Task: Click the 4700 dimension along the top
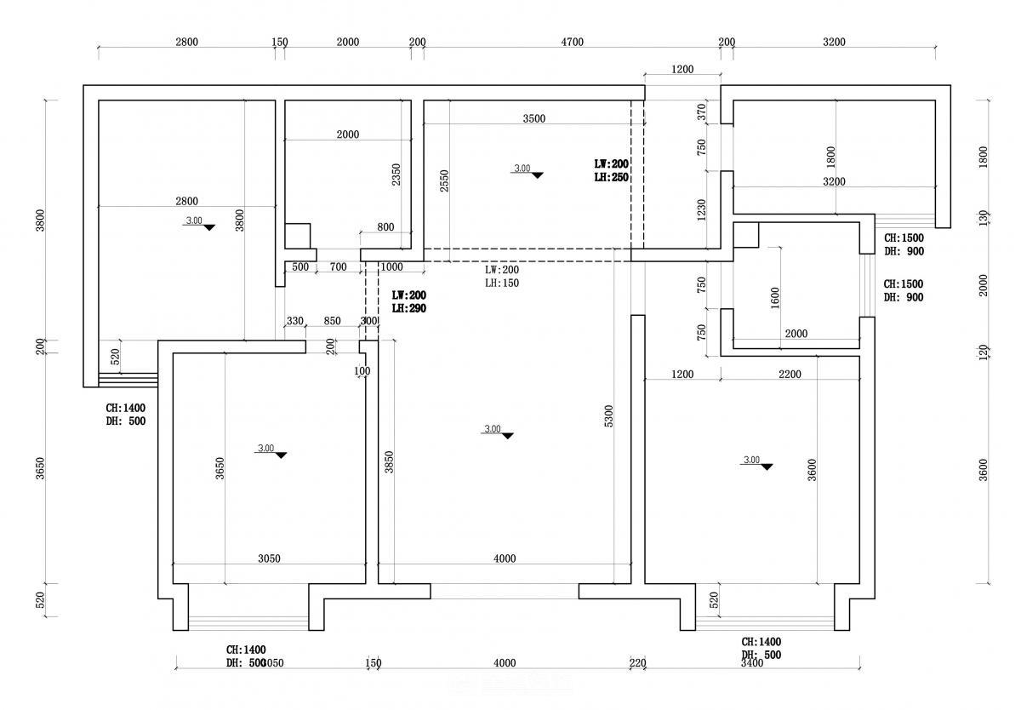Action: point(572,43)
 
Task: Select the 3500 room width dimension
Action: point(533,119)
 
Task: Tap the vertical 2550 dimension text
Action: point(445,180)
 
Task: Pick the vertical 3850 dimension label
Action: point(389,462)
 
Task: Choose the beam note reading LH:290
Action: point(408,308)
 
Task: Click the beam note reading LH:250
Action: point(611,178)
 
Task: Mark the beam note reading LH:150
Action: point(502,283)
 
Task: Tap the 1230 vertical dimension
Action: point(702,210)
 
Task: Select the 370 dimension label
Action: point(702,111)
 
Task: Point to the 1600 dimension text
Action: point(774,298)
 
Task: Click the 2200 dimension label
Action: point(790,374)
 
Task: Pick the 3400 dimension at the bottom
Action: point(752,663)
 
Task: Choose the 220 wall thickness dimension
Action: point(637,663)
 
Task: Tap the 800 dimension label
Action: point(385,227)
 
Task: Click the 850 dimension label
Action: point(333,321)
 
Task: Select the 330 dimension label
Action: point(294,321)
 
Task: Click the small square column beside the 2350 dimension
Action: point(297,236)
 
